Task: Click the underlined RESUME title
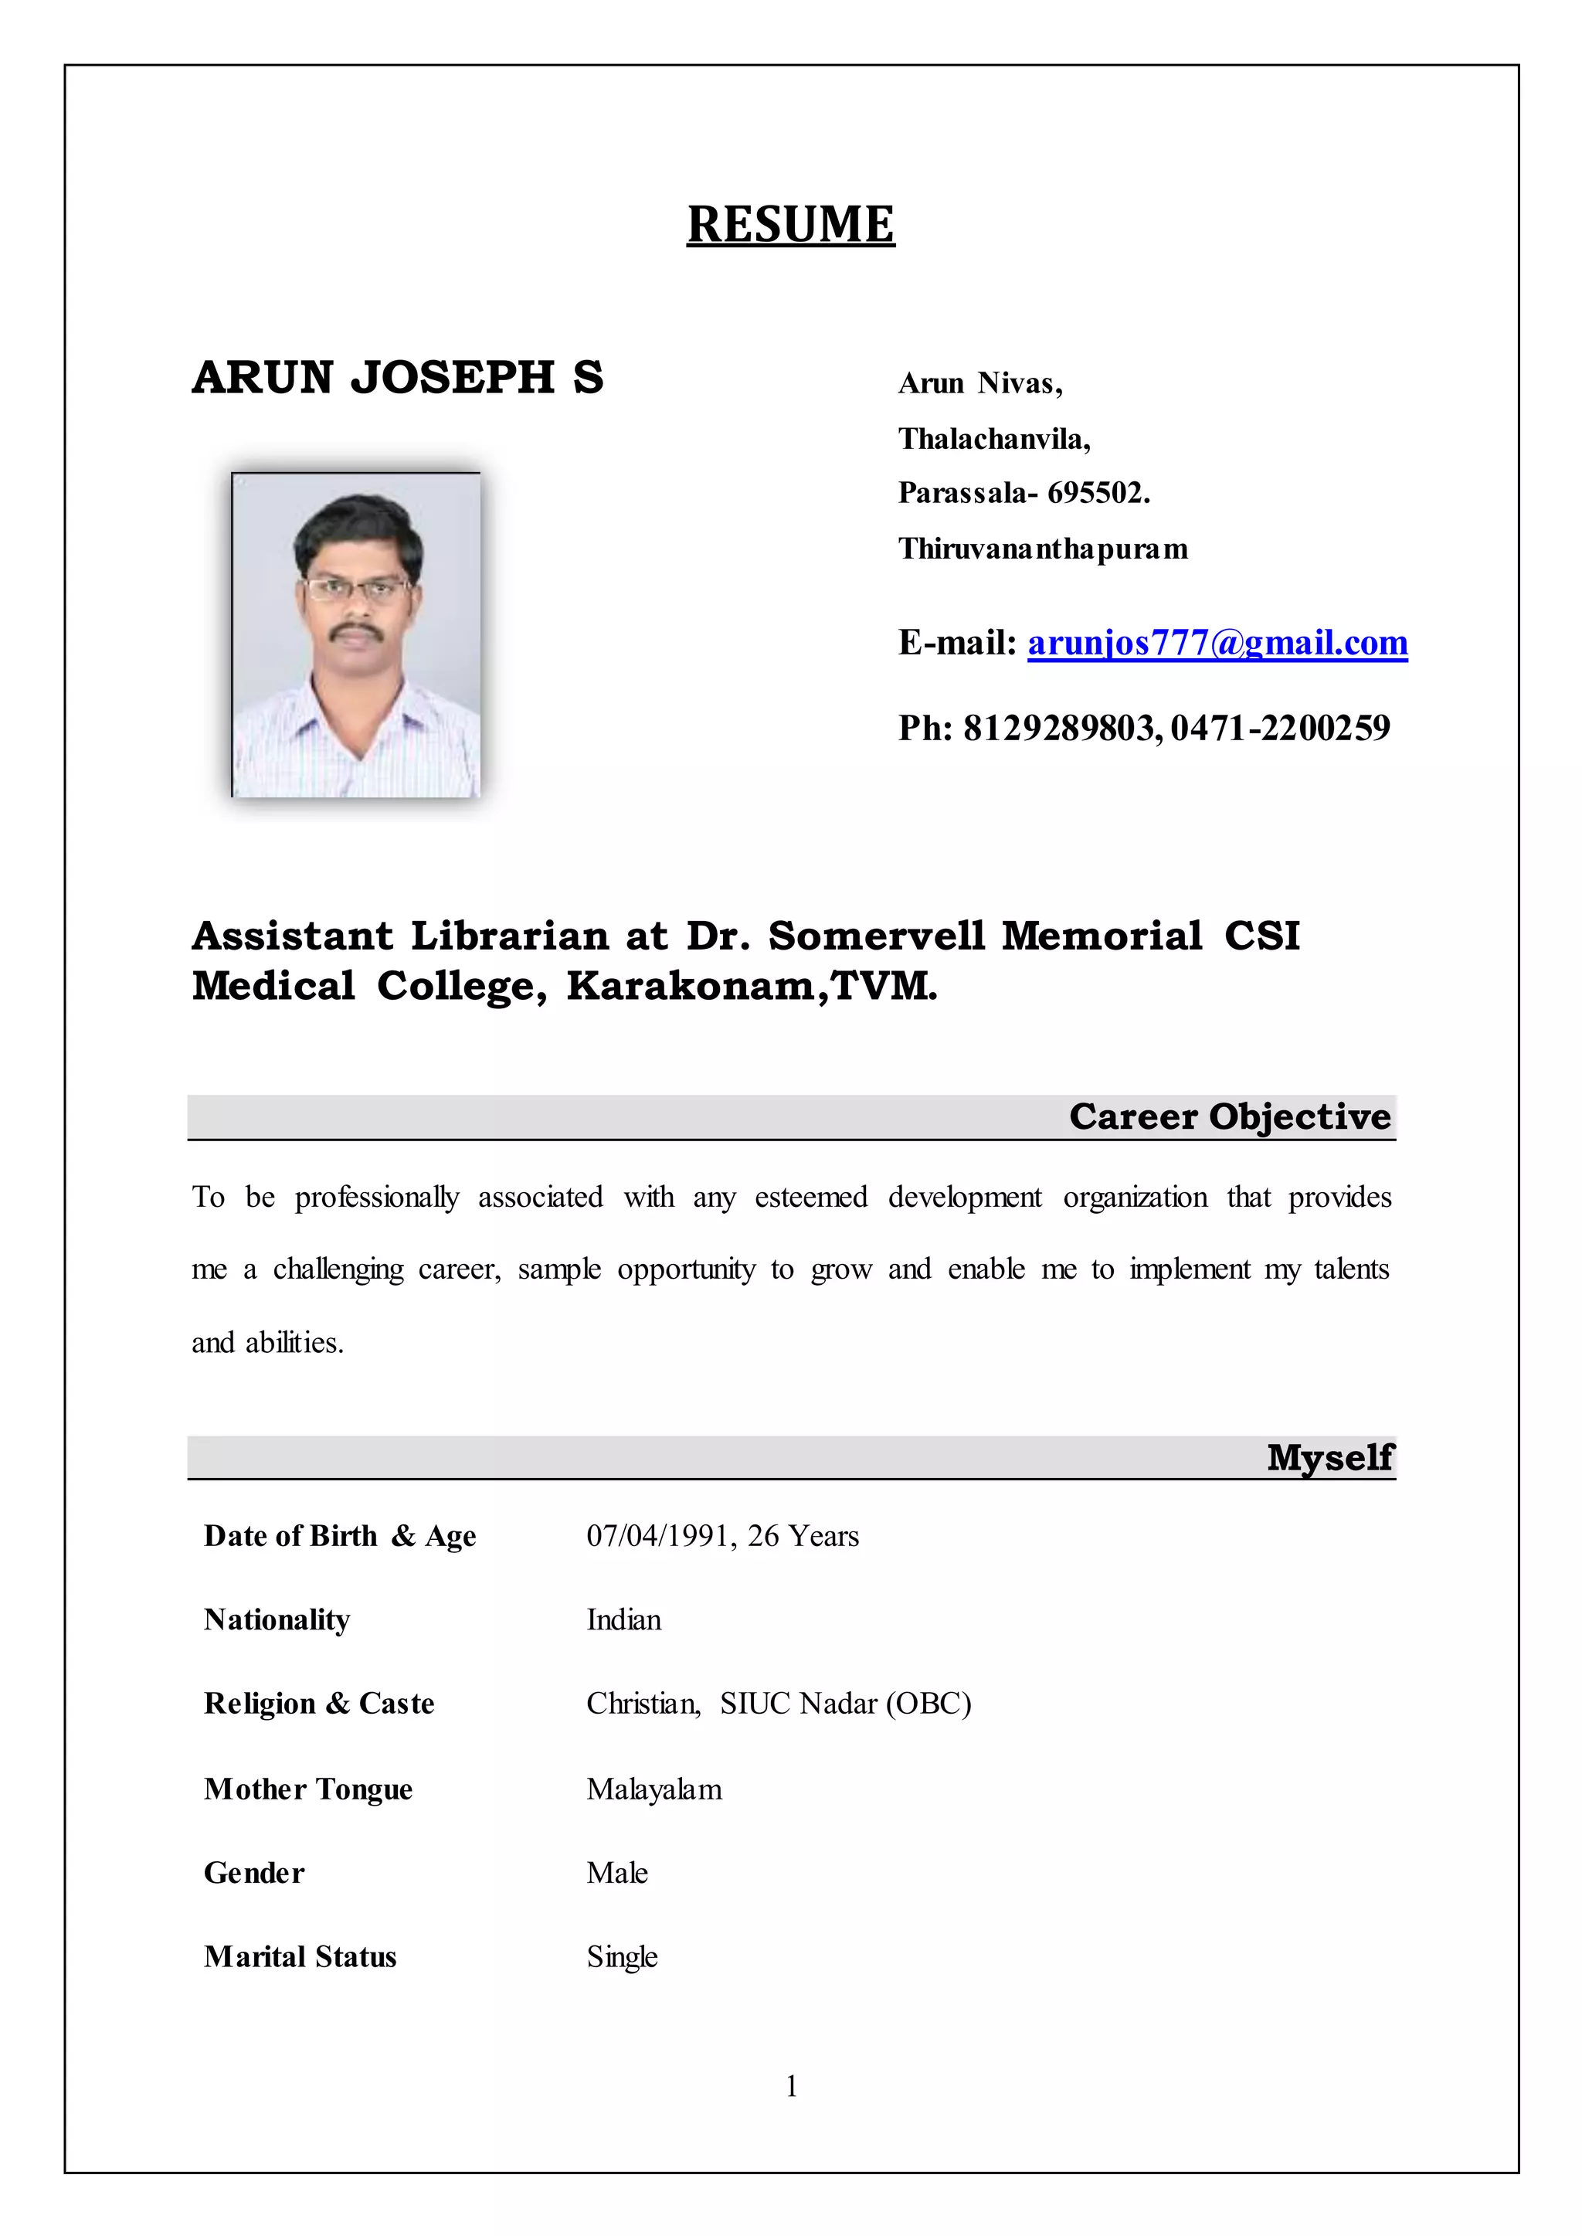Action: pyautogui.click(x=790, y=224)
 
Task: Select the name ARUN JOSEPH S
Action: pyautogui.click(x=398, y=377)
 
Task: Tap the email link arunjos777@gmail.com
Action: pyautogui.click(x=1217, y=643)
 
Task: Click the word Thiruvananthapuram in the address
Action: pyautogui.click(x=1042, y=549)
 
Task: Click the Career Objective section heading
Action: pyautogui.click(x=1229, y=1116)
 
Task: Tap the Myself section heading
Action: pyautogui.click(x=1329, y=1456)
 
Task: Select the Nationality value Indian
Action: pyautogui.click(x=623, y=1620)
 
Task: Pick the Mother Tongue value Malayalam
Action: pyautogui.click(x=654, y=1789)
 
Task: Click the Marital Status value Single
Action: pyautogui.click(x=622, y=1957)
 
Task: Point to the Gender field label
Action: pyautogui.click(x=254, y=1874)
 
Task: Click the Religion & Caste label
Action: pyautogui.click(x=318, y=1704)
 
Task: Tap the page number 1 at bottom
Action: pyautogui.click(x=791, y=2086)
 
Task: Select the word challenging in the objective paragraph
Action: pyautogui.click(x=338, y=1269)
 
